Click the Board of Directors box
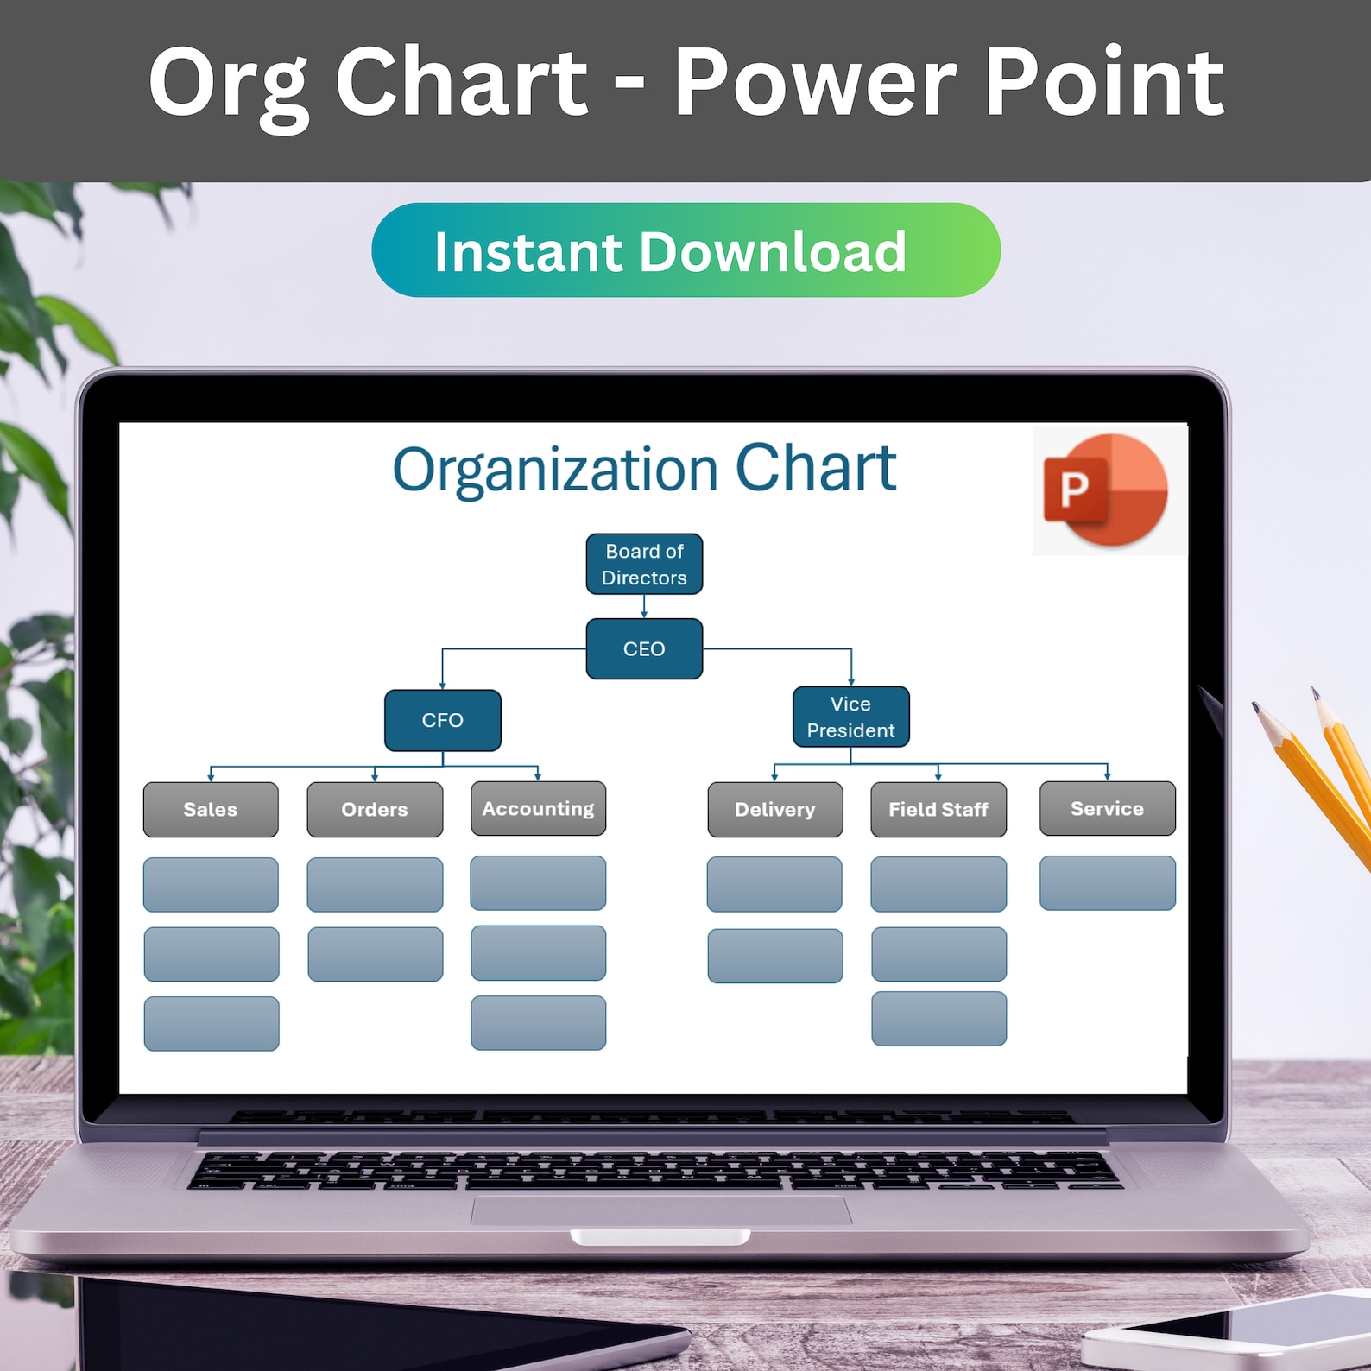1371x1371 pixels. [644, 564]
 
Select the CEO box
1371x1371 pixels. [644, 648]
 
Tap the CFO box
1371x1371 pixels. [442, 720]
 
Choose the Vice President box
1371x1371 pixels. [850, 717]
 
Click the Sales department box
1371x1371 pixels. [211, 809]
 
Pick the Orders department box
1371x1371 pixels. [375, 809]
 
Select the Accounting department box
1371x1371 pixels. [538, 808]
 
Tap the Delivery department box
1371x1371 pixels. [774, 809]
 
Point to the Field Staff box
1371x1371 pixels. [938, 809]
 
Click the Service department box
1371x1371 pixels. [1107, 808]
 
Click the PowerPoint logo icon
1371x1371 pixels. [1106, 489]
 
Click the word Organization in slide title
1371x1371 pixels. [555, 470]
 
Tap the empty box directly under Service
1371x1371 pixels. [1107, 882]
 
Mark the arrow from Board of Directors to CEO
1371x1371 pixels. [644, 606]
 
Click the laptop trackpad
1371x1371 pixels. [660, 1210]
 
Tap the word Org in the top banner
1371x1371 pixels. [228, 84]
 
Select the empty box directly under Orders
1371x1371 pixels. [375, 884]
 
